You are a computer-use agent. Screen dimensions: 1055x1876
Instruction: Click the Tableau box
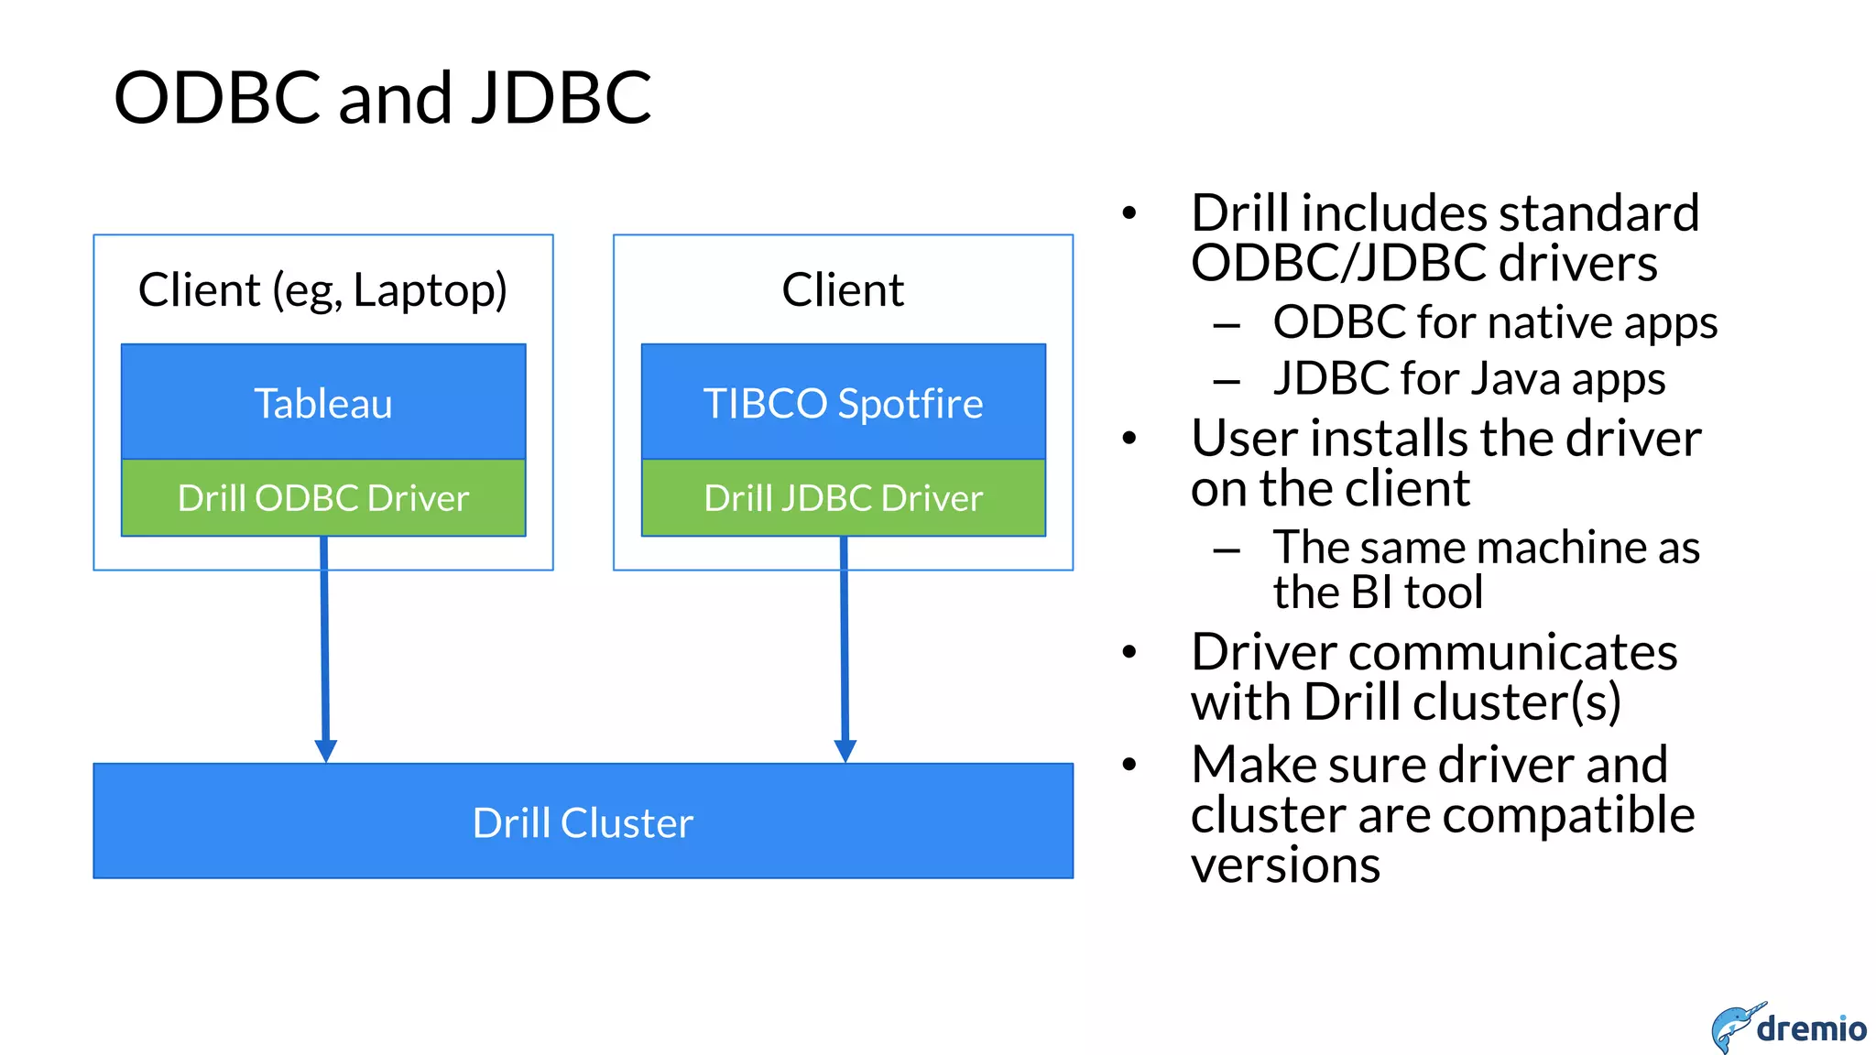323,402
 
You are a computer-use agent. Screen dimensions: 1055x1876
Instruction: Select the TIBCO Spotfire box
843,402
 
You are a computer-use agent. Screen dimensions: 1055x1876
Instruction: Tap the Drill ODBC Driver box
323,497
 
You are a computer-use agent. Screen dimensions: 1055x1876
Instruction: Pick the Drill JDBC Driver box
843,497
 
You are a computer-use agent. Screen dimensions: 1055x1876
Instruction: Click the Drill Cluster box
583,821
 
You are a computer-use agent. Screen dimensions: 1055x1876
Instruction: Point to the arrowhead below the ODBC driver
325,750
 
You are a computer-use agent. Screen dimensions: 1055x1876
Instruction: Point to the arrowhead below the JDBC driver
845,750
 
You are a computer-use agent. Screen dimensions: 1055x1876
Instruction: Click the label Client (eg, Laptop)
322,290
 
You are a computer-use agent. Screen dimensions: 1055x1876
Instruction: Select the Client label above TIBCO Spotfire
843,290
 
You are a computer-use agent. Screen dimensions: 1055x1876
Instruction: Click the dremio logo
1788,1028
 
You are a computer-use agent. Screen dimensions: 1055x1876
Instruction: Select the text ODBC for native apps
1495,322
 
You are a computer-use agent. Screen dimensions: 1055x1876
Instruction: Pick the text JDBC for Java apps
1469,379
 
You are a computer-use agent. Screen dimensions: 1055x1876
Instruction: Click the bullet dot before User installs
1129,439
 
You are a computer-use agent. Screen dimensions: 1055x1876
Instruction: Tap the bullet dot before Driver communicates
1129,652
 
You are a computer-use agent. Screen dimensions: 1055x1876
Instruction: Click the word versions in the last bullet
1285,865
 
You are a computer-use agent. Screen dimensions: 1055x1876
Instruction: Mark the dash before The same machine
1227,549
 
